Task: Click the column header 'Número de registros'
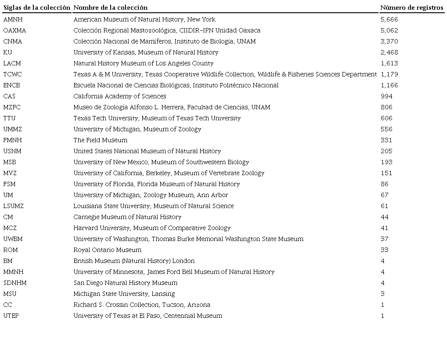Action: pyautogui.click(x=411, y=7)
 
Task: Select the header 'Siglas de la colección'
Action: pyautogui.click(x=37, y=7)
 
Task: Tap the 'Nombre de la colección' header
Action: pyautogui.click(x=110, y=7)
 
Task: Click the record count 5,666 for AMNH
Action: pyautogui.click(x=389, y=19)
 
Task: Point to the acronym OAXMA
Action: pyautogui.click(x=14, y=30)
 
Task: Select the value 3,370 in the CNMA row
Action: pyautogui.click(x=389, y=41)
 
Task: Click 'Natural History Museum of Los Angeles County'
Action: pyautogui.click(x=143, y=63)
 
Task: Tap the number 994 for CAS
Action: pyautogui.click(x=386, y=96)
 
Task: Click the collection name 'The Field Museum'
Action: pyautogui.click(x=100, y=140)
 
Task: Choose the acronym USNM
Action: pyautogui.click(x=12, y=151)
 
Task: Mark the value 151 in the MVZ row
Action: pyautogui.click(x=386, y=173)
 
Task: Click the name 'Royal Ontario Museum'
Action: pyautogui.click(x=107, y=250)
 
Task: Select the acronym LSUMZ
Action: pyautogui.click(x=14, y=206)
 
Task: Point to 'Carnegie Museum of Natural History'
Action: pyautogui.click(x=127, y=217)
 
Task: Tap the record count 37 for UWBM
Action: pyautogui.click(x=385, y=239)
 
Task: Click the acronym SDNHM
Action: pyautogui.click(x=15, y=283)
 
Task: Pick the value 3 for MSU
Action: pyautogui.click(x=383, y=294)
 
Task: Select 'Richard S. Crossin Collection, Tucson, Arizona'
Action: pyautogui.click(x=141, y=305)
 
